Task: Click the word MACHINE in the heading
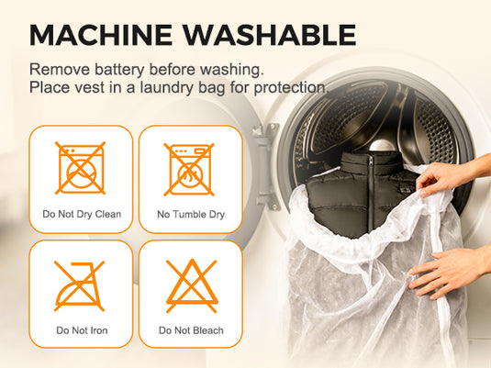[x=101, y=35]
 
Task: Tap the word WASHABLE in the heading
[x=270, y=35]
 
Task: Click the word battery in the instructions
[x=119, y=70]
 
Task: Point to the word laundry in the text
[x=167, y=88]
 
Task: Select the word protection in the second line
[x=289, y=88]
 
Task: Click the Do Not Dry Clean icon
[x=80, y=168]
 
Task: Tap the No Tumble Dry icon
[x=189, y=170]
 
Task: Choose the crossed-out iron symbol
[x=79, y=286]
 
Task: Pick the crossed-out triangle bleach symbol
[x=192, y=286]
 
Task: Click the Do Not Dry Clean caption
[x=82, y=214]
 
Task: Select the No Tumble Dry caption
[x=191, y=215]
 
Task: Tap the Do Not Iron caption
[x=82, y=330]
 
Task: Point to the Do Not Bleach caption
[x=191, y=330]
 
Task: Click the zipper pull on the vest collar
[x=371, y=161]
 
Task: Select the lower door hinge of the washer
[x=268, y=200]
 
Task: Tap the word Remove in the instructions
[x=60, y=69]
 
